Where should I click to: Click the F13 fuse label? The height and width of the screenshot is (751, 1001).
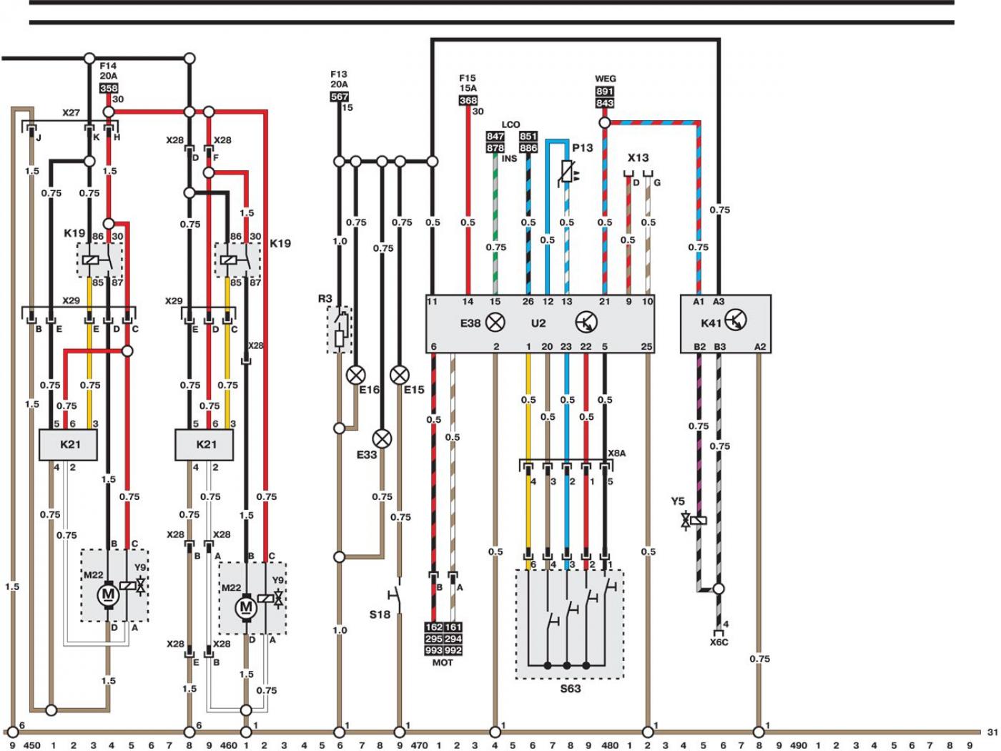coord(339,74)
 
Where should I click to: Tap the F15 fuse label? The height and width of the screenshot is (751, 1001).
coord(468,78)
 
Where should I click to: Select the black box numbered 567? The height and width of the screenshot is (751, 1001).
coord(340,97)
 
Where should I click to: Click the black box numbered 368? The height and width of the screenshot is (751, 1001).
coord(468,100)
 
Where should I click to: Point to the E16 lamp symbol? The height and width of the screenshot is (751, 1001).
coord(355,375)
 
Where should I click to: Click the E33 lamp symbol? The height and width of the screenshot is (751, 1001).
coord(382,439)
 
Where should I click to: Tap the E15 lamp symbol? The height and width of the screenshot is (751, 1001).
coord(400,375)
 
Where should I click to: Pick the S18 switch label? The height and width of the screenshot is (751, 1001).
coord(380,614)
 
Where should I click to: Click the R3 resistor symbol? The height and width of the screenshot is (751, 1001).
coord(340,330)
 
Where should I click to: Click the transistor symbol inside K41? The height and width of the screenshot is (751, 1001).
coord(736,320)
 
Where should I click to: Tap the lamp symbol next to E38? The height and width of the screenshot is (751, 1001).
coord(495,323)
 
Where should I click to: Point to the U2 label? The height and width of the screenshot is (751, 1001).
coord(538,323)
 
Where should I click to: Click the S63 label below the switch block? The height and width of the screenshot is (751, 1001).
coord(571,689)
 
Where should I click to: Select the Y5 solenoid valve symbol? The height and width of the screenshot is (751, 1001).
coord(694,520)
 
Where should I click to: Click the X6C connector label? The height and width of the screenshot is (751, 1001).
coord(719,642)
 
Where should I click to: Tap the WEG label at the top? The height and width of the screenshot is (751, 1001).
coord(605,79)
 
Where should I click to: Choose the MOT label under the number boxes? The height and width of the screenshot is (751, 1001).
coord(443,662)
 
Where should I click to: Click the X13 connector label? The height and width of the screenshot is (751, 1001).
coord(638,158)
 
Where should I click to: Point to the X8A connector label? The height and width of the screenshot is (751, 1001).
coord(616,453)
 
